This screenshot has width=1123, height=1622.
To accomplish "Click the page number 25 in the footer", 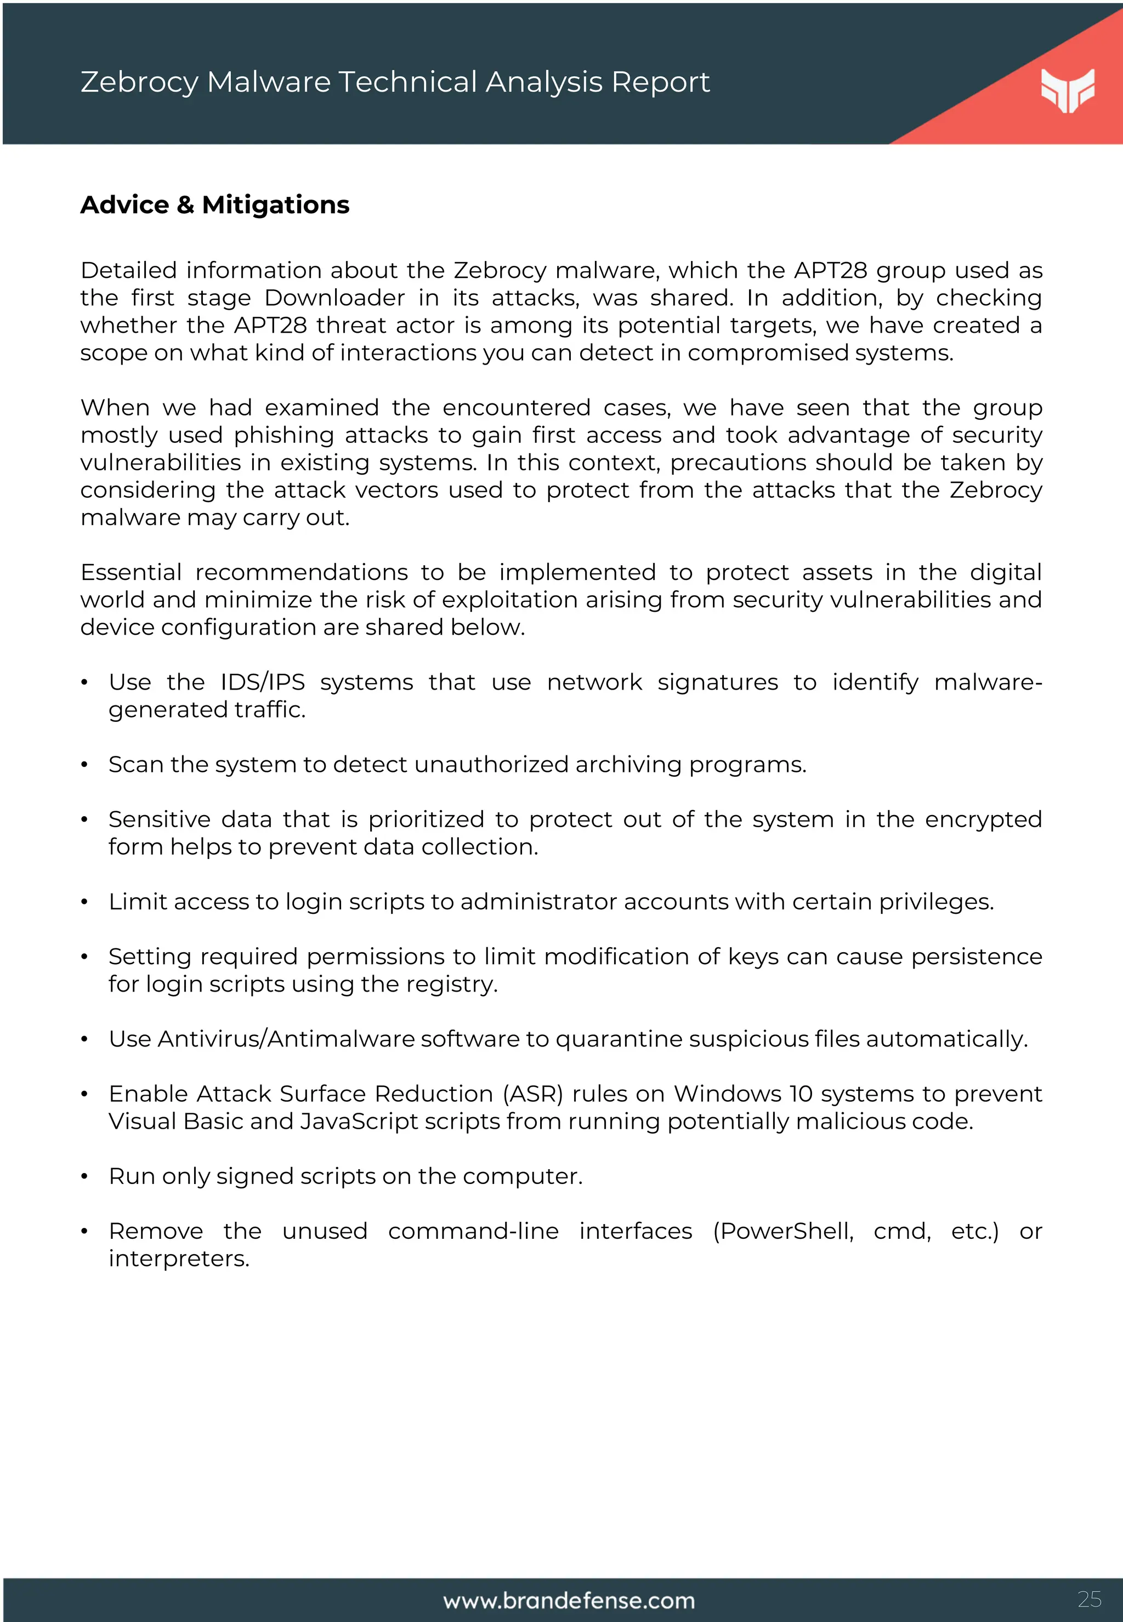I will click(1089, 1599).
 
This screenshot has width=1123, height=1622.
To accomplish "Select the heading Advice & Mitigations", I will click(214, 204).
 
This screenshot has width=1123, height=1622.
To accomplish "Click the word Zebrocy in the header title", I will click(139, 82).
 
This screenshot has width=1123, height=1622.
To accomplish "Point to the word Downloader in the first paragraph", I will click(334, 298).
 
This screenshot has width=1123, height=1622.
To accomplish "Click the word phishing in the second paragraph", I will click(283, 435).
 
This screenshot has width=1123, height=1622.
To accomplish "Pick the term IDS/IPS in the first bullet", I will click(263, 682).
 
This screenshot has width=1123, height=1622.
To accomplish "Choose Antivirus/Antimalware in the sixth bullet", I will click(286, 1039).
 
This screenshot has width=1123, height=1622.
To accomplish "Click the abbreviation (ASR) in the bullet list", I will click(532, 1094).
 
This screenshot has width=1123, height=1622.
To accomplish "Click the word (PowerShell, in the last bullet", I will click(783, 1232).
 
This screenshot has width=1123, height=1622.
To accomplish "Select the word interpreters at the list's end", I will click(179, 1259).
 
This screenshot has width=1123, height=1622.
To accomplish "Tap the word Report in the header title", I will click(660, 82).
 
